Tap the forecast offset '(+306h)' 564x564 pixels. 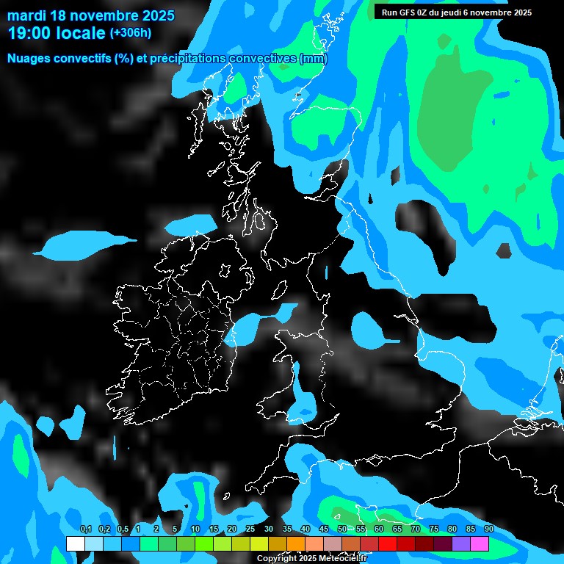(131, 33)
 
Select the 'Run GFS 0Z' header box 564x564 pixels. (457, 12)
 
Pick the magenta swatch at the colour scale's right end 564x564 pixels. (480, 544)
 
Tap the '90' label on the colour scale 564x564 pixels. (489, 529)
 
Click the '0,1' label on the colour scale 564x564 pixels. (85, 529)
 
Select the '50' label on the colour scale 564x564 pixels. (342, 529)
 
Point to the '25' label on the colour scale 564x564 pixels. (250, 529)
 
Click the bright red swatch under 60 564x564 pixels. (388, 544)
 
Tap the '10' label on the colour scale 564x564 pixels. (195, 529)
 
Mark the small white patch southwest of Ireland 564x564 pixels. (72, 424)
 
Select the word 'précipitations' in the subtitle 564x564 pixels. (187, 59)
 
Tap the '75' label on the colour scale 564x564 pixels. (434, 529)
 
